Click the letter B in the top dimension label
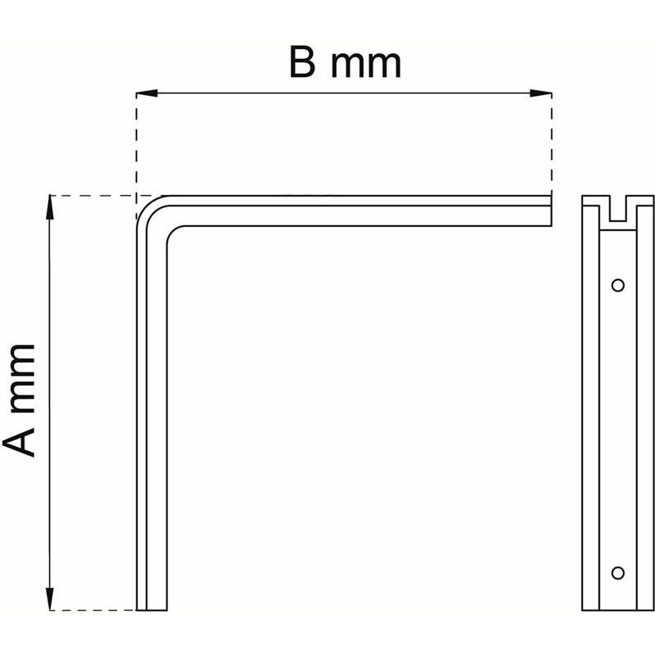(x=302, y=63)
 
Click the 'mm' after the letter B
(x=366, y=66)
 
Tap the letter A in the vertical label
(x=19, y=442)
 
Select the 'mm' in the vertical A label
(x=22, y=378)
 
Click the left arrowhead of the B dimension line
(x=147, y=93)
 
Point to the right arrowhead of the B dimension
(x=541, y=93)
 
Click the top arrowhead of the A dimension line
(x=50, y=207)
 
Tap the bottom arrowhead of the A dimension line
(x=50, y=599)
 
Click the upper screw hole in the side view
(x=618, y=285)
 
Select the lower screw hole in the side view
(x=618, y=572)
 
